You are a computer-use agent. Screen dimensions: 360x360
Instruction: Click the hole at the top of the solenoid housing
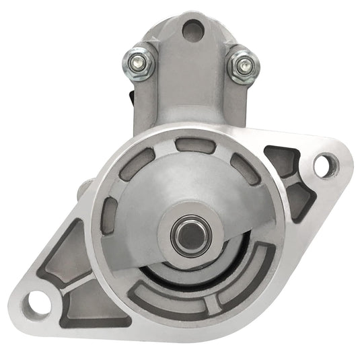[x=194, y=29]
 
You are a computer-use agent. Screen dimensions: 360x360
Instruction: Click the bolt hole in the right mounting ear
[x=324, y=164]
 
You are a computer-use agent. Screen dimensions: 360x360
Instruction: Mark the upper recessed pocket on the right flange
[x=281, y=159]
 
